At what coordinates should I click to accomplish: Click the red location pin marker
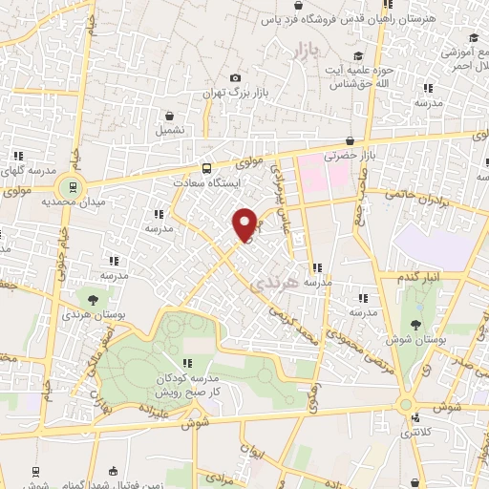click(244, 223)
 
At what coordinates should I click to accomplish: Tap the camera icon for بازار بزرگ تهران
click(235, 78)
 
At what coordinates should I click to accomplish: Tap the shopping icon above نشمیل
click(170, 115)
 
